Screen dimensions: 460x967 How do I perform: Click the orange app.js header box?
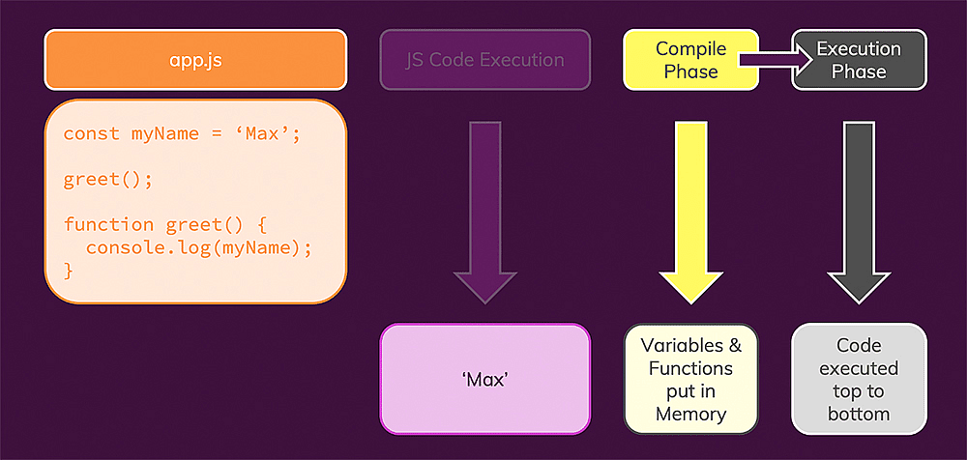point(195,60)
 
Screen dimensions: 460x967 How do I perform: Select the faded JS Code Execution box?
point(484,60)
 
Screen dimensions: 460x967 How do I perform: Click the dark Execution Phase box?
point(860,60)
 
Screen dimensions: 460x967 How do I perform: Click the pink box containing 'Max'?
point(484,379)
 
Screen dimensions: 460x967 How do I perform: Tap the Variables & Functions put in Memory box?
point(690,379)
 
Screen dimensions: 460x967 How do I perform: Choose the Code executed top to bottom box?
point(859,379)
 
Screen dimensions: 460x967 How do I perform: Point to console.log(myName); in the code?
point(199,248)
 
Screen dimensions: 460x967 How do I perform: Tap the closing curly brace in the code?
point(69,272)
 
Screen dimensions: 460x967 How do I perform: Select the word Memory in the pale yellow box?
point(690,415)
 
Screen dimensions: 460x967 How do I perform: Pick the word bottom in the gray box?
point(859,415)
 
